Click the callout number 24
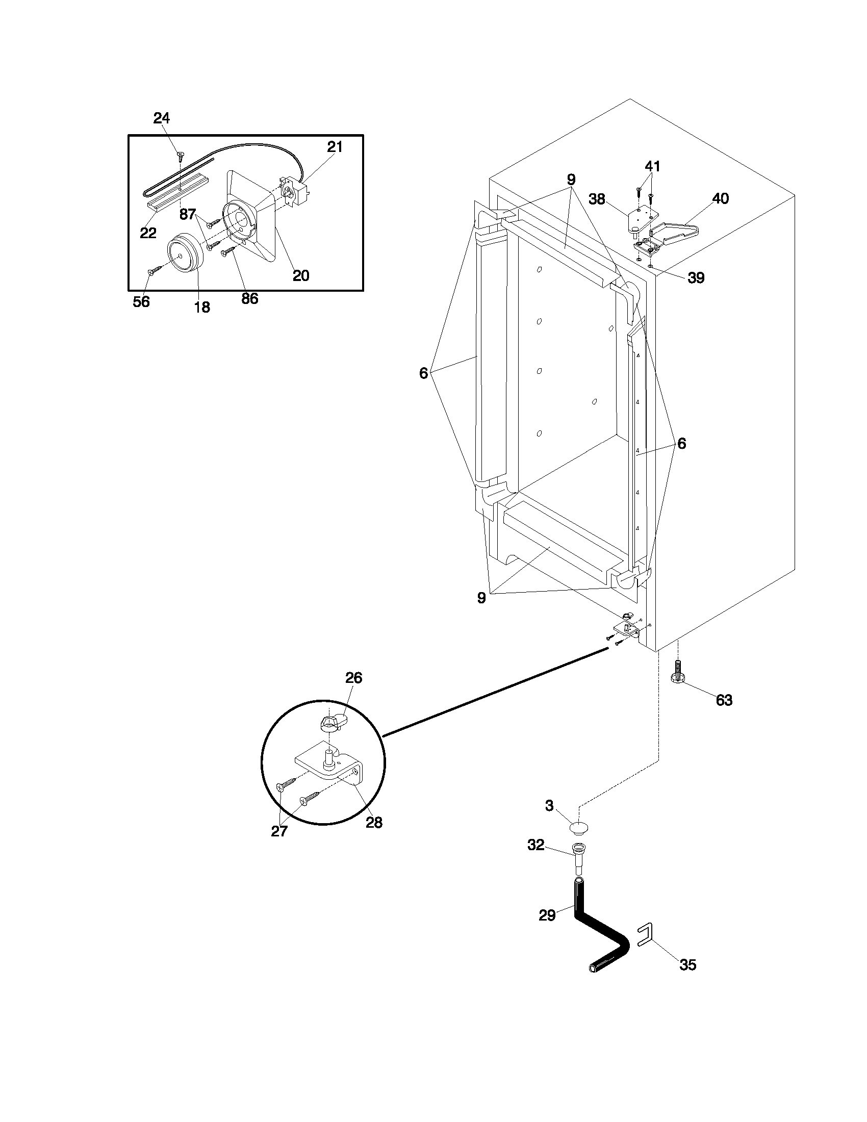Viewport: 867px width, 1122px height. (x=161, y=118)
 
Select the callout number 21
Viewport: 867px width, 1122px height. (x=335, y=147)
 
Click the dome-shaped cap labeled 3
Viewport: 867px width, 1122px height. (x=579, y=828)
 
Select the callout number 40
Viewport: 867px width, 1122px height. (x=721, y=198)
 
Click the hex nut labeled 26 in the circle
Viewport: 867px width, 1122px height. (x=328, y=724)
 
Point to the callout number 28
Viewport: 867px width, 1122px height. (x=374, y=823)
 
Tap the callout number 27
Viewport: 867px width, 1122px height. (x=279, y=831)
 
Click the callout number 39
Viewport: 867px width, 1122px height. (x=696, y=278)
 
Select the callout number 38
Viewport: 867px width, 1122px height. (x=597, y=199)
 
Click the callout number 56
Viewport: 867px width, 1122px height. (x=141, y=301)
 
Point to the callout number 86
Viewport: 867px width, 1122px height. (x=249, y=298)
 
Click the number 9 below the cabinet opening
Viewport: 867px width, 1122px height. (x=481, y=598)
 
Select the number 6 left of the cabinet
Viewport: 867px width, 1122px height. (x=423, y=373)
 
